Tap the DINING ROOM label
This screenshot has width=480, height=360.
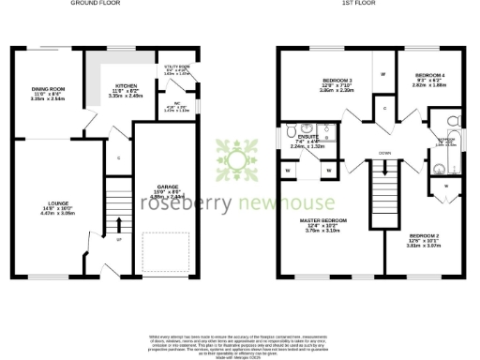[x=46, y=90]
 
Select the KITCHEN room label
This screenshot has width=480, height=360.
[x=125, y=88]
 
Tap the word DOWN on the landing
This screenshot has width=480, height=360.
[x=384, y=153]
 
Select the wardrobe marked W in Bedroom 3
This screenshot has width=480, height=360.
[x=383, y=73]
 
